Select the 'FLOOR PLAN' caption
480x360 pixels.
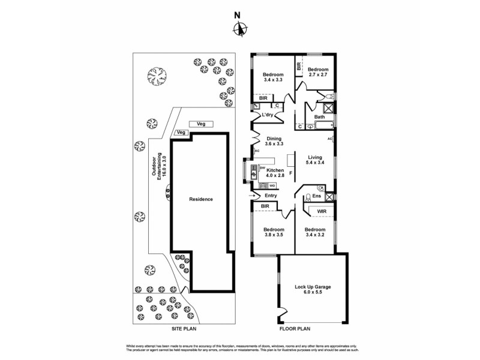(295, 329)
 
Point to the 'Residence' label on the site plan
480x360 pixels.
(200, 199)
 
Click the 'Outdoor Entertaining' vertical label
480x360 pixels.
(158, 166)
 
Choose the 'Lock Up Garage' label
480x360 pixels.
(313, 290)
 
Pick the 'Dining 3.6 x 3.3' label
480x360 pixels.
(274, 142)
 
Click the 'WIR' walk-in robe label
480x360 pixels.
(322, 211)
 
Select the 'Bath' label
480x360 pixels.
(319, 117)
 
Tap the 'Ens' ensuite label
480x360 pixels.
(317, 196)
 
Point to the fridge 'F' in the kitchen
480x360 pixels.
(292, 173)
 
